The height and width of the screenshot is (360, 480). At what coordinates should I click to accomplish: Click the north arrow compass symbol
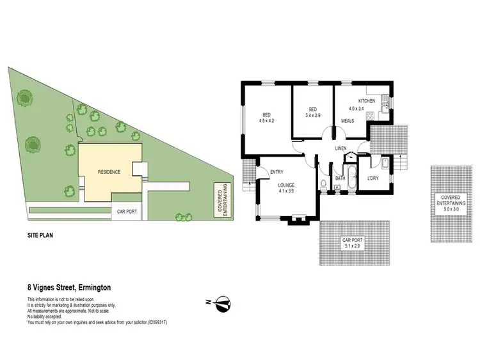point(221,302)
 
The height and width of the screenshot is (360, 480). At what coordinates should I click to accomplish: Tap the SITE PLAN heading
point(40,235)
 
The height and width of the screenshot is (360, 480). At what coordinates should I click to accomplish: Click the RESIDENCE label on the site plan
point(109,173)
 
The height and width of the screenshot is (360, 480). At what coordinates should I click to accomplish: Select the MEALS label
point(348,120)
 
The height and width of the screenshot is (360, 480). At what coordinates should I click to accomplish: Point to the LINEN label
point(341,149)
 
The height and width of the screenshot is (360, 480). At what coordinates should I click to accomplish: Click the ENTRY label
point(276,171)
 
